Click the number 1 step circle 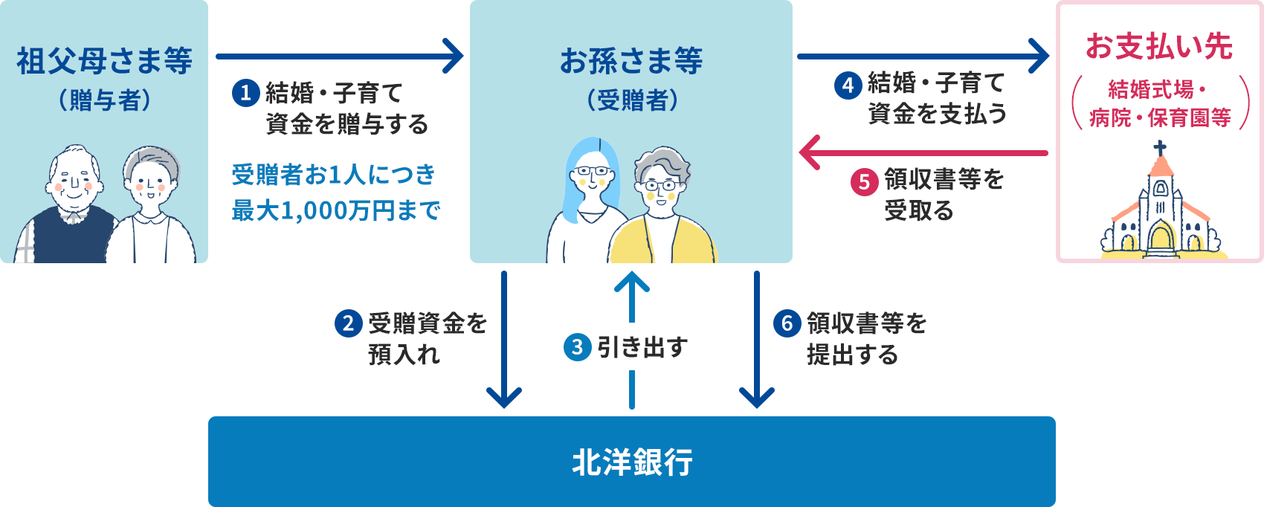[x=245, y=93]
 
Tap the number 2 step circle [x=348, y=323]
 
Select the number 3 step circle [x=578, y=347]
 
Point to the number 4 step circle [x=848, y=85]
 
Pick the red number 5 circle [x=864, y=181]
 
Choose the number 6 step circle [x=787, y=323]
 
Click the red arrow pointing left [x=922, y=152]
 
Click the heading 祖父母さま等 [x=104, y=61]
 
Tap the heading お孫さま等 [x=631, y=61]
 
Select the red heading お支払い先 [x=1159, y=46]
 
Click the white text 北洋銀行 [x=632, y=462]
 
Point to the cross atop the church [x=1160, y=147]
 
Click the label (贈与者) [x=104, y=100]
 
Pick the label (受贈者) [x=631, y=100]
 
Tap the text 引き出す [x=642, y=347]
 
